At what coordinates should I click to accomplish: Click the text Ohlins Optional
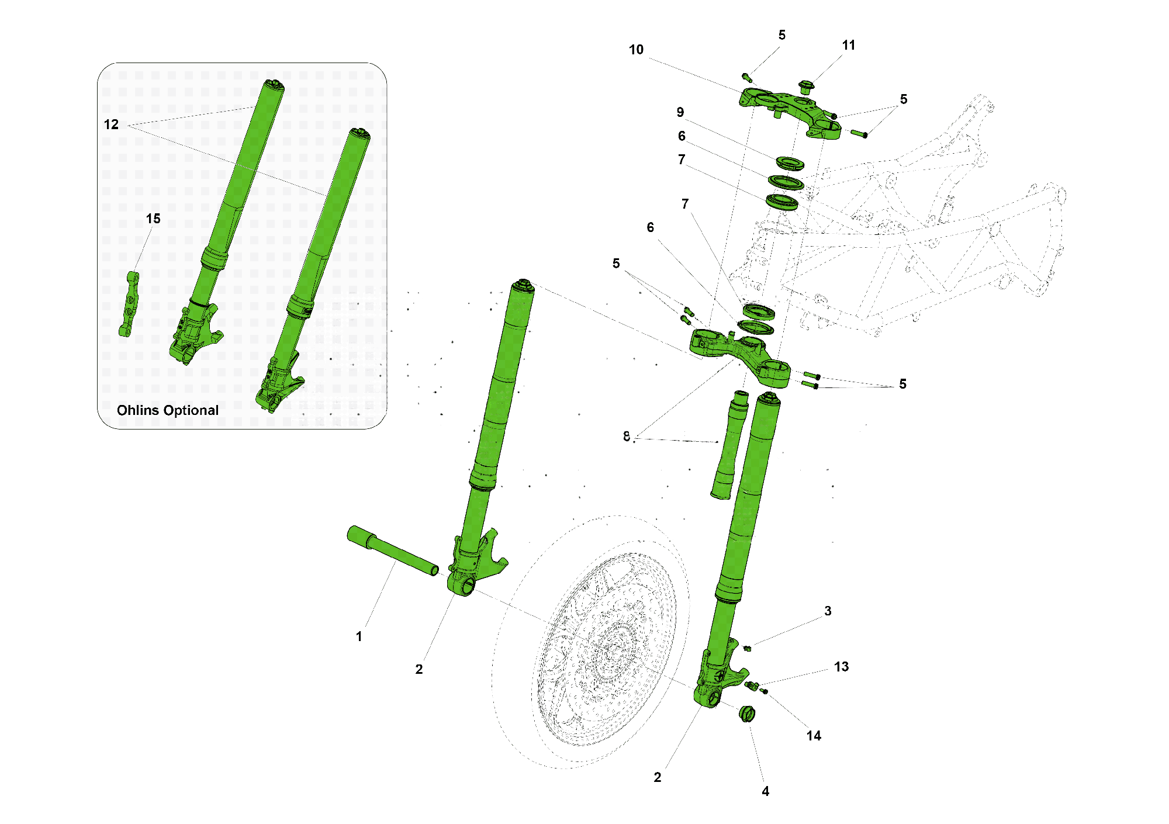[168, 410]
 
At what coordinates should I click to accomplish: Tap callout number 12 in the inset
[111, 124]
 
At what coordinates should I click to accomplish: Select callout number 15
[153, 219]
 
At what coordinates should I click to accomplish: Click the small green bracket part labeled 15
[129, 304]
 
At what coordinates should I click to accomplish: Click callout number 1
[359, 636]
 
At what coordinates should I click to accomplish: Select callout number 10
[636, 50]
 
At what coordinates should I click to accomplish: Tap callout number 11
[849, 45]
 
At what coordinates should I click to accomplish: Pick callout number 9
[680, 112]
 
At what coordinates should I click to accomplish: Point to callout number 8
[627, 436]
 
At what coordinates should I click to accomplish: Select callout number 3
[828, 611]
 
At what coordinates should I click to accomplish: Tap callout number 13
[841, 667]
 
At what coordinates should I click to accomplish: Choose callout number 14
[814, 736]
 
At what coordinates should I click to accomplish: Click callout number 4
[765, 791]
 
